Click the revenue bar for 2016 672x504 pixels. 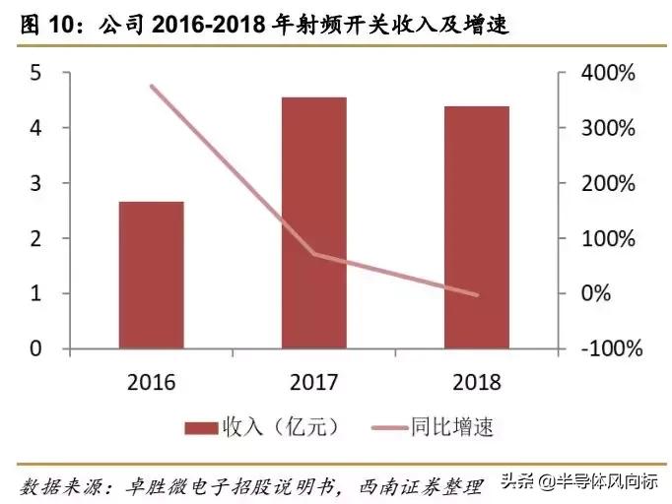click(x=151, y=275)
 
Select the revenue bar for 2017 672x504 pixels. click(x=313, y=222)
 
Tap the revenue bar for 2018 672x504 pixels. click(x=477, y=226)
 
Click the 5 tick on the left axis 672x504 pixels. click(x=35, y=73)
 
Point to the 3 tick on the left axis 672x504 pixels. click(x=35, y=183)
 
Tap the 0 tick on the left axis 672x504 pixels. click(x=35, y=348)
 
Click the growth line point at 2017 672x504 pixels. click(x=313, y=254)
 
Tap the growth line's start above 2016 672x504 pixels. click(x=151, y=87)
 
